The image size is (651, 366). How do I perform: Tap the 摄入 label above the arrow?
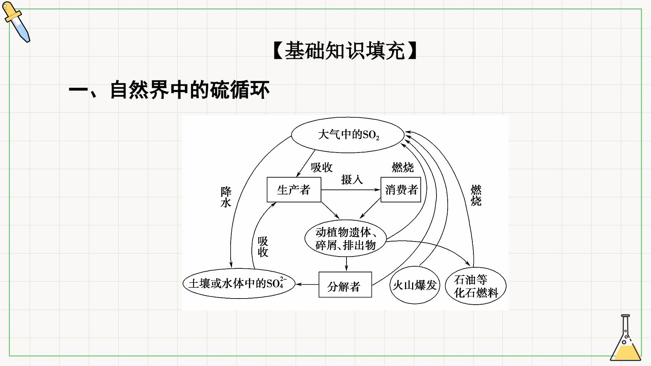[352, 179]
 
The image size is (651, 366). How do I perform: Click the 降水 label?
[226, 197]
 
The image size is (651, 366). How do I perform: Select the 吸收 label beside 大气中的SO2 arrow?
[322, 167]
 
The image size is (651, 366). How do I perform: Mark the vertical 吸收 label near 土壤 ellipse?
[263, 247]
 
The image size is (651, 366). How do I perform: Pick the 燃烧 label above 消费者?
[403, 167]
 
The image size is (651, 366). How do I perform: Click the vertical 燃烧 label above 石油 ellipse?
[476, 196]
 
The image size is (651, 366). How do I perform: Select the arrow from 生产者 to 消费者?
[351, 189]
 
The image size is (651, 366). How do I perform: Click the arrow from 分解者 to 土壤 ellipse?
[307, 285]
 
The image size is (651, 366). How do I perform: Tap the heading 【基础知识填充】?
[345, 51]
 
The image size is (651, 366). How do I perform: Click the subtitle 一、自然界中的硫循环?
[169, 90]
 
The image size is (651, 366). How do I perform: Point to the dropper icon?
[16, 22]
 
